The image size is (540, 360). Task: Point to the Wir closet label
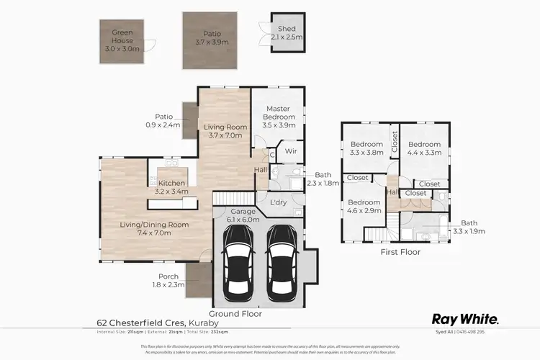[291, 151]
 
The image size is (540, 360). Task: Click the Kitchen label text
[173, 183]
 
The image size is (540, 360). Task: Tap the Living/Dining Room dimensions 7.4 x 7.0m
[153, 233]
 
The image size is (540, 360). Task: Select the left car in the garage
[237, 264]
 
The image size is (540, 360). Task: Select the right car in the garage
[282, 264]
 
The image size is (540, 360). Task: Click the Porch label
[170, 276]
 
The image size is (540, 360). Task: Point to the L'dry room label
[278, 203]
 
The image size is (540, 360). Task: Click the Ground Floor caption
[235, 314]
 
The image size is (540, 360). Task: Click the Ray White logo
[464, 318]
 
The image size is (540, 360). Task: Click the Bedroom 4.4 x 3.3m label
[424, 148]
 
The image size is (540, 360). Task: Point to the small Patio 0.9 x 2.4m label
[166, 120]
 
